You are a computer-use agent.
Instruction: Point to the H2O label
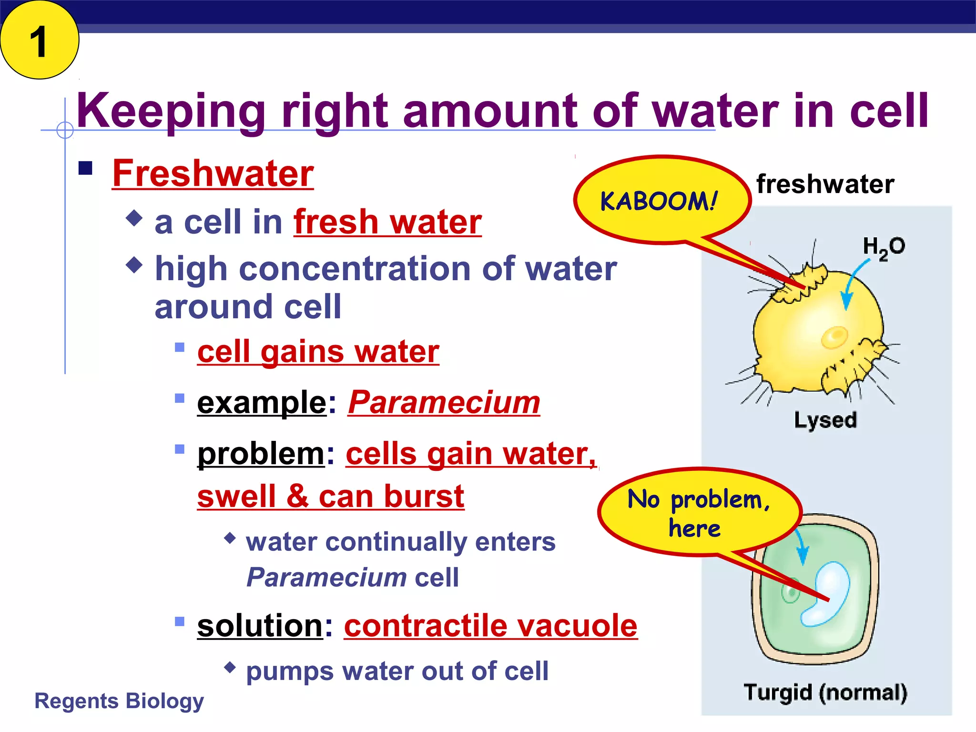coord(884,247)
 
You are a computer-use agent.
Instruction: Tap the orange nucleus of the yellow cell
coord(834,337)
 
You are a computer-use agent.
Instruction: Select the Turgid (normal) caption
coord(825,692)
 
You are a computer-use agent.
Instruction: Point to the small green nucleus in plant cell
coord(791,594)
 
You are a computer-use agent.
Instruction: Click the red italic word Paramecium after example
coord(444,403)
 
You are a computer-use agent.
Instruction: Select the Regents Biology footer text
coord(119,701)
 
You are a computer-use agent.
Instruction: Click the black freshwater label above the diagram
coord(825,184)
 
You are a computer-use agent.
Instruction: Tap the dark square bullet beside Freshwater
coord(85,168)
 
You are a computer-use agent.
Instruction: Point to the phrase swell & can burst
coord(330,497)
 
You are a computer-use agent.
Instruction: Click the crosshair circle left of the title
coord(65,130)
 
